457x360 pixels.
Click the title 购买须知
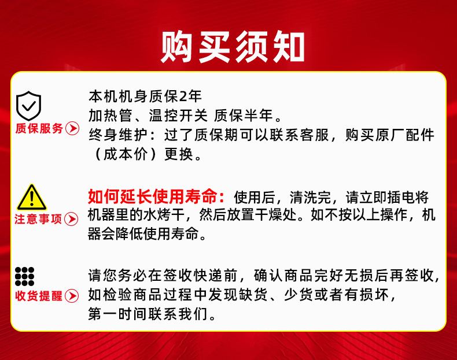[233, 47]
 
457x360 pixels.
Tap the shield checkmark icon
[28, 106]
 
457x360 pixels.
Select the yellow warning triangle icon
[31, 197]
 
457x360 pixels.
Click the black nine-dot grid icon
[25, 276]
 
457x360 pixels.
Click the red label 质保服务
[39, 128]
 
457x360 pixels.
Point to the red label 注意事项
[38, 219]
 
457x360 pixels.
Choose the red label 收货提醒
[39, 296]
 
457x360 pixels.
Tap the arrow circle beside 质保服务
[72, 128]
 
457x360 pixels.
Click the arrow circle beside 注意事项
[71, 219]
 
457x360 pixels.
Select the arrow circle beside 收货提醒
[72, 296]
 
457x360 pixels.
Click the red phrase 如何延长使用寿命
[152, 196]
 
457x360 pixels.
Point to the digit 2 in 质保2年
[183, 97]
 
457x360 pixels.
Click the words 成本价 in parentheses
[126, 154]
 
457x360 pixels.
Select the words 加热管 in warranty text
[110, 116]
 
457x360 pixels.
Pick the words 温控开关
[178, 116]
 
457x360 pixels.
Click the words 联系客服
[299, 135]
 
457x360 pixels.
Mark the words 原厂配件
[405, 135]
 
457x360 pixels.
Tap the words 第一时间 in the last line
[118, 314]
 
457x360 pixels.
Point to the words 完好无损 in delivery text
[344, 276]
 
